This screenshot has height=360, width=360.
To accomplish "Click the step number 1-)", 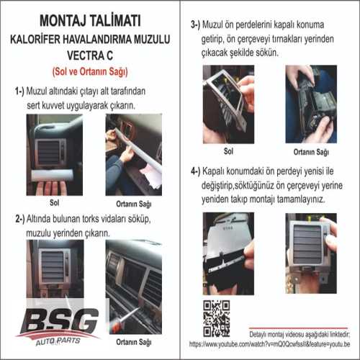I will (x=23, y=92).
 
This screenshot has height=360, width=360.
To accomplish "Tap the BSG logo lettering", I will (x=59, y=318).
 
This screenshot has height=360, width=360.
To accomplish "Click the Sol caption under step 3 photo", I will (x=228, y=152).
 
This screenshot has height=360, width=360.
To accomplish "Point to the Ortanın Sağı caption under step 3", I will (x=311, y=153).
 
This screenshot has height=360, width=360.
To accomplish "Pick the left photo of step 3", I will (x=228, y=104).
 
